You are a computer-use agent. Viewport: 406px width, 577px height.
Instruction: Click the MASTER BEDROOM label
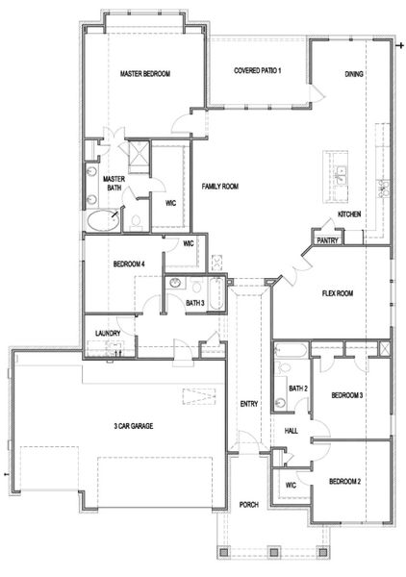point(145,74)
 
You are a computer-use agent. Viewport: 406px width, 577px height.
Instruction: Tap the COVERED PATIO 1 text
point(257,70)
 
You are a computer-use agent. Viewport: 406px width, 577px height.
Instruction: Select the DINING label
point(354,74)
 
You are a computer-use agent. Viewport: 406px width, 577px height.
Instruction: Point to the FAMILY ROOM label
point(219,187)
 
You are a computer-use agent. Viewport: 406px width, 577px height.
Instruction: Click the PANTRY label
point(327,240)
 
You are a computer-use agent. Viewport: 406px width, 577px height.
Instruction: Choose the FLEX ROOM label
point(338,293)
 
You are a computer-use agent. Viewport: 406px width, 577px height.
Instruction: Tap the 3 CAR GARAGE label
point(133,426)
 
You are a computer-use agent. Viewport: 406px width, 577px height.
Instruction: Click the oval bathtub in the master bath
point(104,221)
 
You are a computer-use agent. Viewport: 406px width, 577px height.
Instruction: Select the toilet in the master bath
point(136,223)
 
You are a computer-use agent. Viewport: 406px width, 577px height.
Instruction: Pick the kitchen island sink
point(341,176)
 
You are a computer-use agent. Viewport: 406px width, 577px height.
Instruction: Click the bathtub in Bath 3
point(216,293)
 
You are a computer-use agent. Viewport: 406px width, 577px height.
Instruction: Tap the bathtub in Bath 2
point(291,350)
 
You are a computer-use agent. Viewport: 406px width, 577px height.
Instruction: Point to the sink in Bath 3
point(175,283)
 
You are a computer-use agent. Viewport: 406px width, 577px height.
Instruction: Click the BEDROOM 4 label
point(129,263)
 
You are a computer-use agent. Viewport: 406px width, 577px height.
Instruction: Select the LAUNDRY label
point(108,334)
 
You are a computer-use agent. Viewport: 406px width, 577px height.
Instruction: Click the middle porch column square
point(273,553)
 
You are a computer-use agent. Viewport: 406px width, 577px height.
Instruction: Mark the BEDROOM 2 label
point(344,482)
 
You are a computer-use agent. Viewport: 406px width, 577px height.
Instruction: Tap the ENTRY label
point(249,404)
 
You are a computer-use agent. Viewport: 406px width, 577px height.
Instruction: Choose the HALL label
point(292,431)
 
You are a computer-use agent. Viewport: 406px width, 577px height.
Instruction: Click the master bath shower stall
point(139,157)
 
